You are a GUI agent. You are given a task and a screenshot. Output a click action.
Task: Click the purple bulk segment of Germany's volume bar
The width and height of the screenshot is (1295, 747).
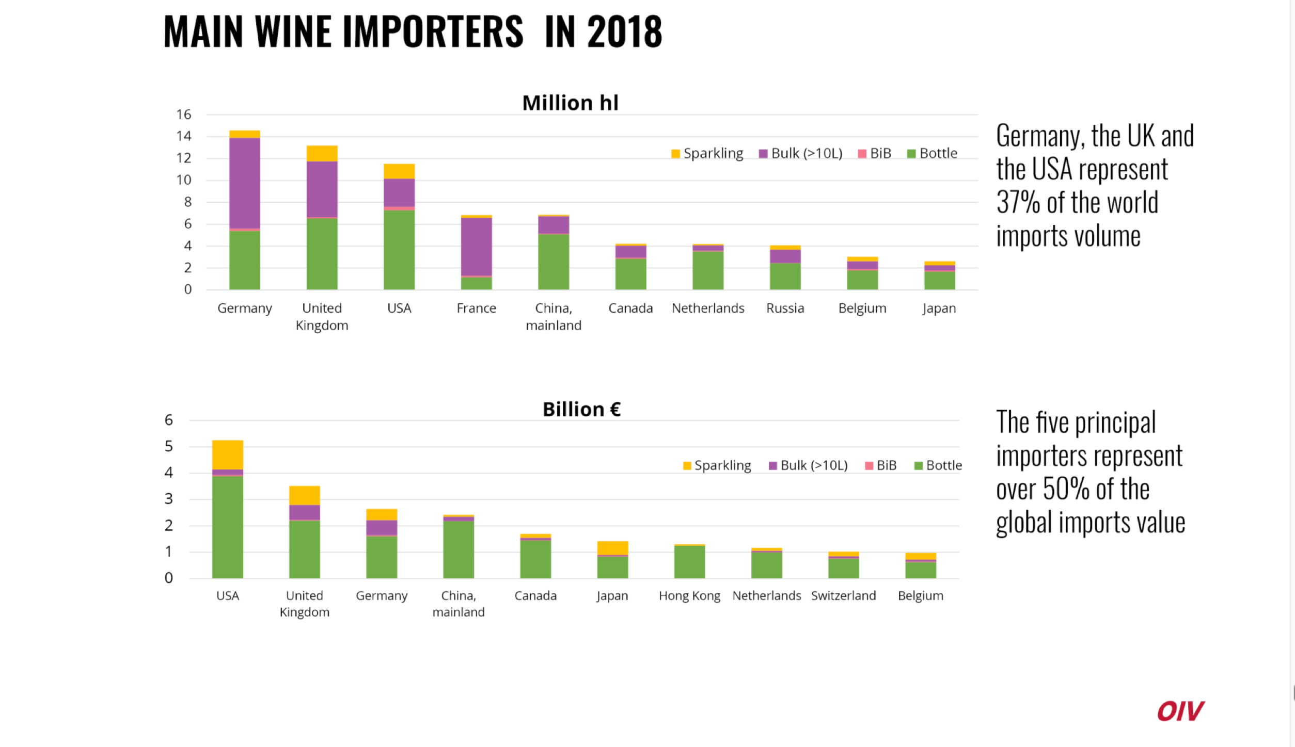click(x=244, y=183)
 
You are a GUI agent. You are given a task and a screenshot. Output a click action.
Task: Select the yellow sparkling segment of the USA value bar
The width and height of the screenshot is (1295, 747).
click(x=227, y=454)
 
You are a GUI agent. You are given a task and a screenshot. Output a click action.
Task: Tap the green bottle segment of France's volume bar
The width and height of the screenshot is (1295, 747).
click(x=476, y=283)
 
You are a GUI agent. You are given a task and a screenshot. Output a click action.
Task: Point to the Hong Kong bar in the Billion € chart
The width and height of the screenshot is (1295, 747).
click(x=689, y=561)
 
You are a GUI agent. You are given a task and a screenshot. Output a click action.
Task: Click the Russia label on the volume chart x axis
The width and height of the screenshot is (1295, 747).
click(x=785, y=308)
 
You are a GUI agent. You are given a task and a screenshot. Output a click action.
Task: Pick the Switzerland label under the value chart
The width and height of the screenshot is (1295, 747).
click(x=843, y=596)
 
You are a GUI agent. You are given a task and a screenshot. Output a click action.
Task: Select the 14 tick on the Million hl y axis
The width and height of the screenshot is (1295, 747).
click(x=184, y=136)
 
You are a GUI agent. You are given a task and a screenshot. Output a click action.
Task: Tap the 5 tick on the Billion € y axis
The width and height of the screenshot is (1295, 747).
click(x=169, y=446)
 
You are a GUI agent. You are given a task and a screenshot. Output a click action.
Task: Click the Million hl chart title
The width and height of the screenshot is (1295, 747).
click(x=570, y=103)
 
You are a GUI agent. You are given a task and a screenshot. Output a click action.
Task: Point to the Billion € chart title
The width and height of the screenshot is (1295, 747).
click(x=581, y=410)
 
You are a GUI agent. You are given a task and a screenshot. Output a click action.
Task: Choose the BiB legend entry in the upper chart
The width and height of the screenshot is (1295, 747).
click(x=875, y=154)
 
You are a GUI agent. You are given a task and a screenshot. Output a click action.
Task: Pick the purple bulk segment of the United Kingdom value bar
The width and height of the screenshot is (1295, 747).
click(x=304, y=512)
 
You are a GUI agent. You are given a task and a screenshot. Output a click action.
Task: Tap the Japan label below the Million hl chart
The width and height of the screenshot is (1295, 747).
click(x=939, y=308)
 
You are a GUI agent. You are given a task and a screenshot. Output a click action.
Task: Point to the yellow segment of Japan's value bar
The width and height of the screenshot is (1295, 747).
click(x=612, y=548)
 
